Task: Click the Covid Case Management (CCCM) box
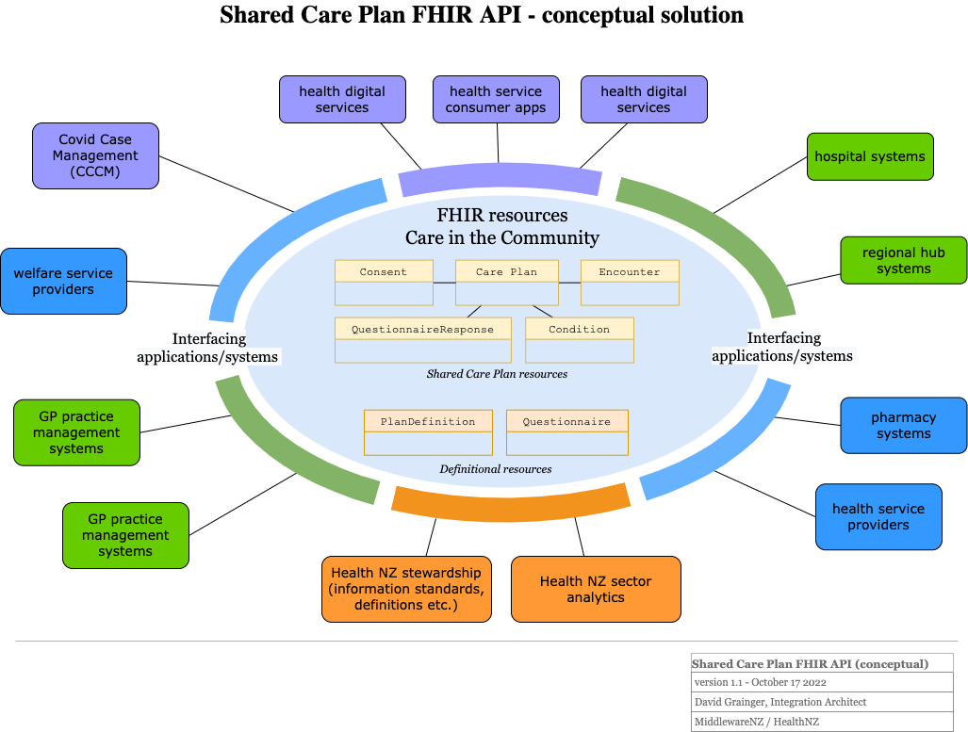pyautogui.click(x=95, y=155)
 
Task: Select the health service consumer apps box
pyautogui.click(x=496, y=100)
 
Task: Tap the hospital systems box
pyautogui.click(x=870, y=156)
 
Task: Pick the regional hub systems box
pyautogui.click(x=903, y=260)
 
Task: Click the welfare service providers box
pyautogui.click(x=63, y=281)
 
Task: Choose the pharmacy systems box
pyautogui.click(x=903, y=425)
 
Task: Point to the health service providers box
pyautogui.click(x=878, y=516)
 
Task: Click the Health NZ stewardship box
pyautogui.click(x=406, y=589)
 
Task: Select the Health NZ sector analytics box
pyautogui.click(x=596, y=589)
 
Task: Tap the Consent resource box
pyautogui.click(x=384, y=283)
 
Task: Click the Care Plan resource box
pyautogui.click(x=507, y=283)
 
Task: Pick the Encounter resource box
pyautogui.click(x=630, y=283)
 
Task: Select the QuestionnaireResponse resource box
pyautogui.click(x=422, y=340)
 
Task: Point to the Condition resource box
pyautogui.click(x=579, y=340)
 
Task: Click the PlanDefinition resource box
pyautogui.click(x=428, y=432)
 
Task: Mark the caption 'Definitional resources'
pyautogui.click(x=496, y=469)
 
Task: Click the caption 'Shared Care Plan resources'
pyautogui.click(x=497, y=374)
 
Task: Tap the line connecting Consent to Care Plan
pyautogui.click(x=444, y=283)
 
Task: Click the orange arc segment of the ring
pyautogui.click(x=510, y=503)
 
